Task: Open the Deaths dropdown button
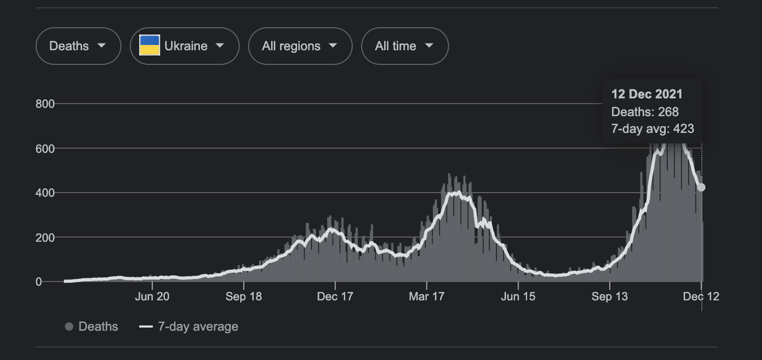point(79,46)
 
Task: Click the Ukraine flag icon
point(150,45)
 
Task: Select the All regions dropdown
point(300,46)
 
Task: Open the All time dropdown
point(405,46)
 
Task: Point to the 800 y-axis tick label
point(45,104)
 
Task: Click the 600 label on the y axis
point(45,149)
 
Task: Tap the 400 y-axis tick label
point(45,193)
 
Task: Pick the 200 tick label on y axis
point(45,238)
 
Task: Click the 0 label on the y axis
point(38,282)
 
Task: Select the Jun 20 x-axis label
point(152,296)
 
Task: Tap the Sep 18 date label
point(243,296)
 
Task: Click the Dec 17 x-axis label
point(335,296)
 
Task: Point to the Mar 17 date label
point(427,296)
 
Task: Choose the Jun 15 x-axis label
point(518,296)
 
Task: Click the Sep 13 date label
point(610,296)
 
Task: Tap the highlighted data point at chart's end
point(701,187)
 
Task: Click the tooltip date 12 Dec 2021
point(647,94)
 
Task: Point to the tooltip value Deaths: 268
point(645,111)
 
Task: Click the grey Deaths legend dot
point(69,327)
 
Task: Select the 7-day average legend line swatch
point(146,327)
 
